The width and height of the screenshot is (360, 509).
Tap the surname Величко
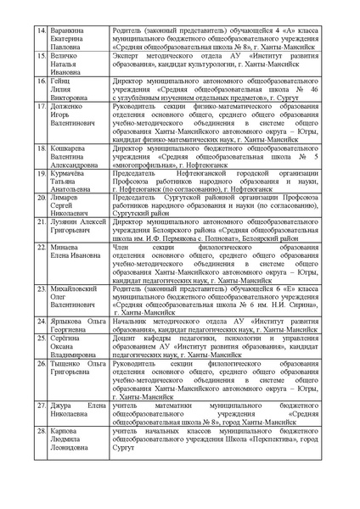[68, 55]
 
